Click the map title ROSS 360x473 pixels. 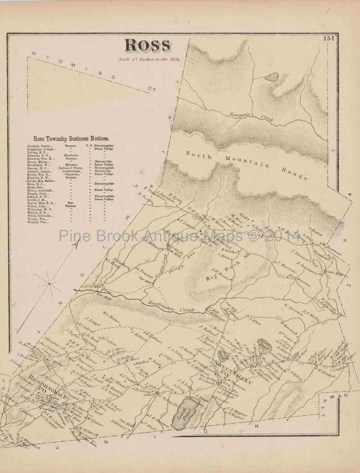coord(147,45)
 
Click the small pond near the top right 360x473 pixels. coord(271,77)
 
